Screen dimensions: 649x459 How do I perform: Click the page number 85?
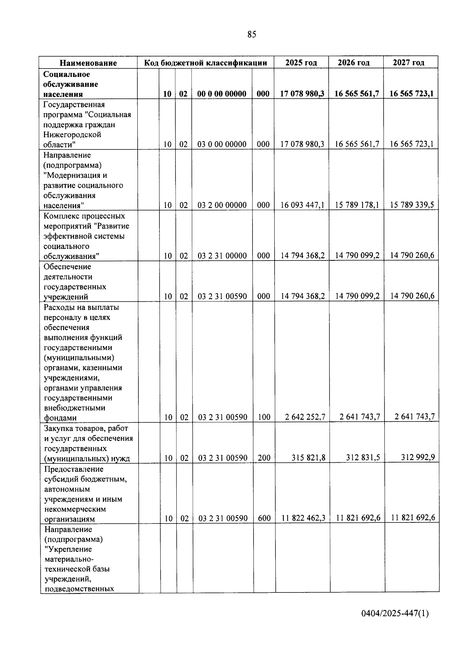click(252, 34)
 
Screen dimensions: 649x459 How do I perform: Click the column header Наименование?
click(88, 63)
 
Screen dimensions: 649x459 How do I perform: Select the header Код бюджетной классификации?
click(205, 63)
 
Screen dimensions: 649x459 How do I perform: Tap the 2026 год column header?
click(353, 63)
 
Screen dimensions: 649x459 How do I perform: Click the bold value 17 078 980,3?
click(302, 94)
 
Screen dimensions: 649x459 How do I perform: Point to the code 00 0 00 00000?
click(222, 94)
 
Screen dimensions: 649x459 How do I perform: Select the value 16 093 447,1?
click(302, 205)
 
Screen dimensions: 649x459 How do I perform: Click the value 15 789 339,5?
click(412, 205)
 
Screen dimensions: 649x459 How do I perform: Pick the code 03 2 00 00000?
click(222, 205)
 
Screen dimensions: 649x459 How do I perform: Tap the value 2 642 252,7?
click(305, 417)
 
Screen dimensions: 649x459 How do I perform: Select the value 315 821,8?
click(308, 457)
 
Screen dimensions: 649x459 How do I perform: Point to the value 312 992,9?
click(418, 457)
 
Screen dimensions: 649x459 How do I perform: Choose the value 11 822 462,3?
click(303, 518)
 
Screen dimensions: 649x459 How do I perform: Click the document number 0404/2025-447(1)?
click(395, 614)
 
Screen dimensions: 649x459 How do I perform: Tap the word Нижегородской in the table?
click(72, 135)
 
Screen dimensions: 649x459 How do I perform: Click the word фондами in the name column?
click(60, 418)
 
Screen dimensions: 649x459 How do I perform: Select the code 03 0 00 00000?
click(222, 144)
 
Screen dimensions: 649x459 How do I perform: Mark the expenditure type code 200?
click(264, 457)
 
